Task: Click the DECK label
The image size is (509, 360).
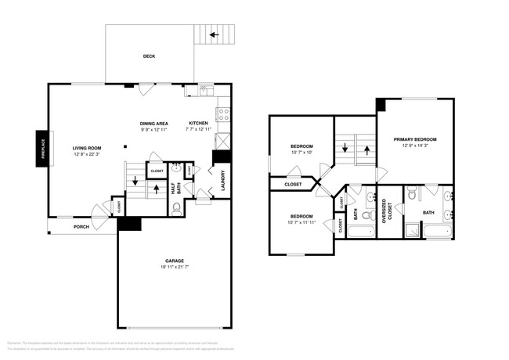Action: point(149,56)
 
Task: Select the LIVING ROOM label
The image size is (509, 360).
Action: point(87,148)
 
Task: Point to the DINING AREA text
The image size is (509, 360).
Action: point(154,123)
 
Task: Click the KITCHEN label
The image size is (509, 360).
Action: point(197,123)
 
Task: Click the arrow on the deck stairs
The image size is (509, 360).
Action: point(214,35)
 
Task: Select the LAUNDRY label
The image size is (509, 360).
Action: point(223,181)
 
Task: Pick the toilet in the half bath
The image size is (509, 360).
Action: point(176,207)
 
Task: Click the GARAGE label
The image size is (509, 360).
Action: point(174,261)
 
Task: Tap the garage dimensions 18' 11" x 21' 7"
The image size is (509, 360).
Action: point(174,268)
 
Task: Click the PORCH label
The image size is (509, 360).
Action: point(81,227)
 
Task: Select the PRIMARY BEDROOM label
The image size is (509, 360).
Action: point(415,139)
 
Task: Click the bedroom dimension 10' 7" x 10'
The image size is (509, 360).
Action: point(301,153)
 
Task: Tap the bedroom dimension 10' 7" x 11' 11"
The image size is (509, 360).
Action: point(301,223)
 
